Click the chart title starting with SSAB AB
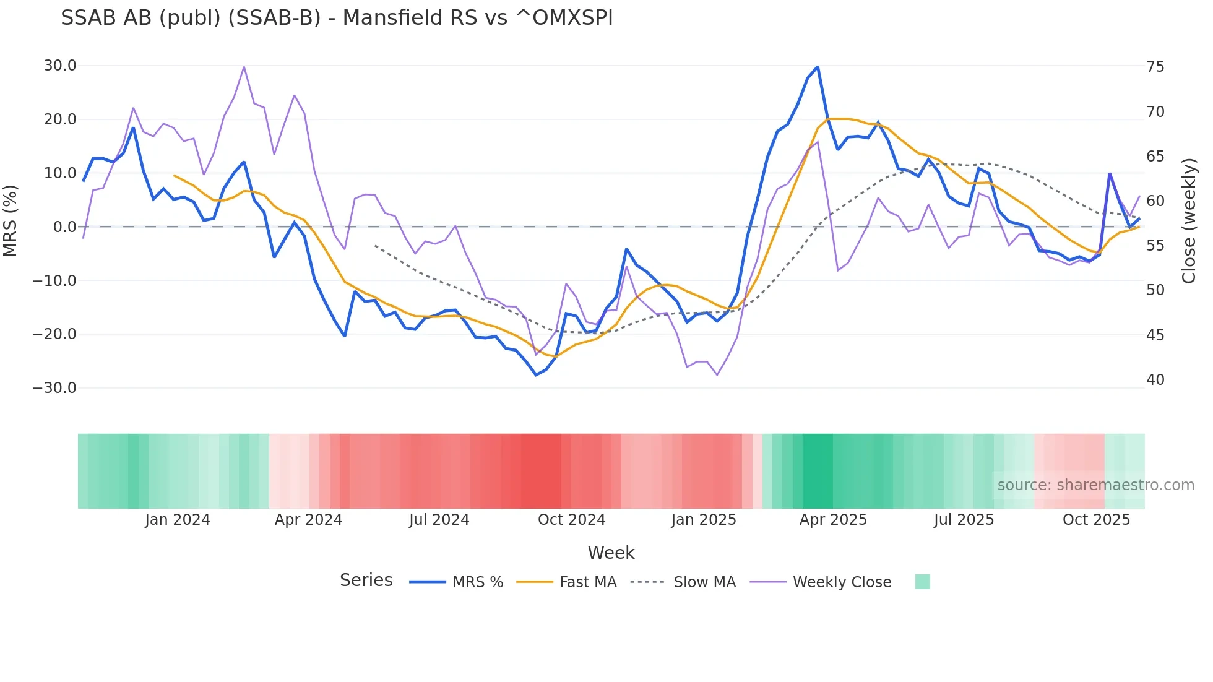tap(337, 18)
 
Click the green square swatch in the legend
tap(922, 582)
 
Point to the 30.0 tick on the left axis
tap(60, 66)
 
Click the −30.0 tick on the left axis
tap(54, 388)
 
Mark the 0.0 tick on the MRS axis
tap(64, 227)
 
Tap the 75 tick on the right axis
tap(1155, 67)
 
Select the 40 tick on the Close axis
tap(1155, 380)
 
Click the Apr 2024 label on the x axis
tap(308, 520)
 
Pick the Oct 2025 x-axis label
tap(1096, 520)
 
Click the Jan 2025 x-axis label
tap(704, 520)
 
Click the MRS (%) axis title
tap(11, 221)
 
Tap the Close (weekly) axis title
tap(1189, 221)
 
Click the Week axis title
tap(611, 553)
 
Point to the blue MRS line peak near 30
tap(818, 67)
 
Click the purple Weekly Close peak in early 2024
tap(244, 67)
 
